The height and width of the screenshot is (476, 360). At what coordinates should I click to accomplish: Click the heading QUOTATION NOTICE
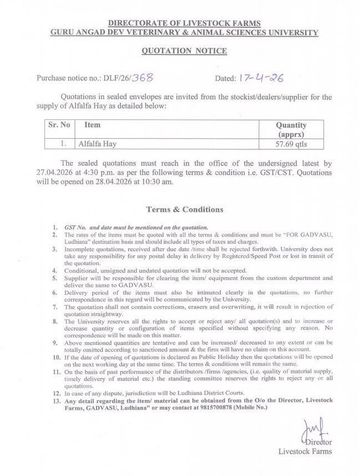pos(184,50)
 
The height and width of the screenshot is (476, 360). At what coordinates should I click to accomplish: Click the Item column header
pos(92,125)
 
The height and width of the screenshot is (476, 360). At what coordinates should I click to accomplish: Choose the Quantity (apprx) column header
pos(291,129)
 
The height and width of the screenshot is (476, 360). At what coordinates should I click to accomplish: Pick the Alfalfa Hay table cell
pos(97,144)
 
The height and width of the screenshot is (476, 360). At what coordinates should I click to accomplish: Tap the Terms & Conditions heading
pos(185,209)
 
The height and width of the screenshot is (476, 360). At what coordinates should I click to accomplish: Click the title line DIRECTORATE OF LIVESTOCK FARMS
pos(184,23)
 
